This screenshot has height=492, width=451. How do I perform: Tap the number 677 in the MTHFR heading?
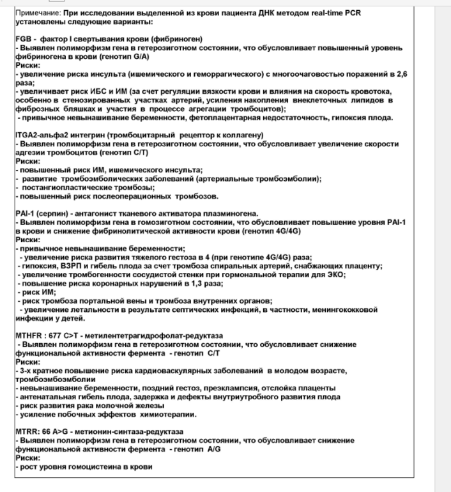coord(59,335)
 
